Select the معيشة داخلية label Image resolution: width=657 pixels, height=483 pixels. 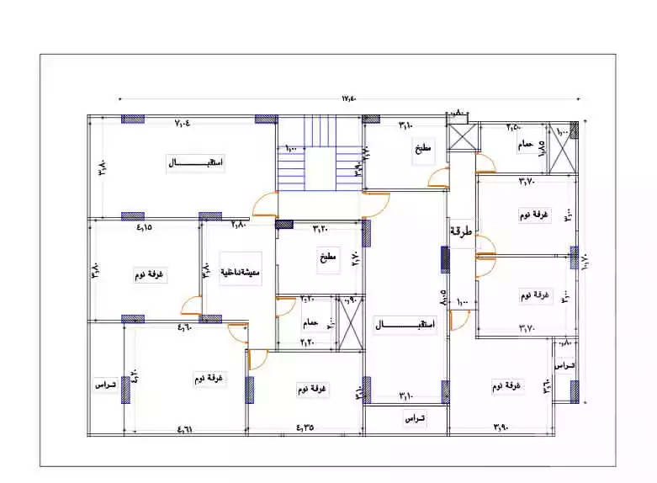click(x=239, y=273)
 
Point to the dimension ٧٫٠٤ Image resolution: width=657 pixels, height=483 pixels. click(x=183, y=125)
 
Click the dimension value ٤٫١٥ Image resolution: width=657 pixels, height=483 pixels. click(x=143, y=226)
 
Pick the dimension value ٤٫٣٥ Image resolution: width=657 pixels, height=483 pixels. click(x=305, y=427)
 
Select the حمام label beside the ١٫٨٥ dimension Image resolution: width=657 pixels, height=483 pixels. click(x=525, y=145)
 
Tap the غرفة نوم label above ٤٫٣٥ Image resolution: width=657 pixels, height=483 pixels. click(x=313, y=390)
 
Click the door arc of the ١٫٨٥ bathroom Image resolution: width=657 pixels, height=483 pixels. click(x=485, y=164)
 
